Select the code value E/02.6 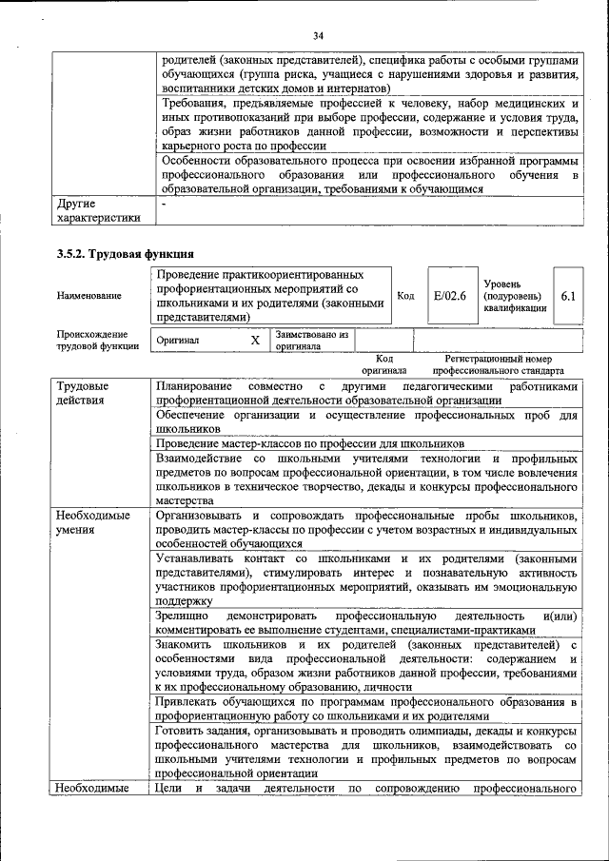pyautogui.click(x=449, y=296)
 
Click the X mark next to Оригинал pyautogui.click(x=254, y=340)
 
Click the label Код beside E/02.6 pyautogui.click(x=405, y=296)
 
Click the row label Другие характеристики pyautogui.click(x=98, y=210)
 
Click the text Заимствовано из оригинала pyautogui.click(x=312, y=341)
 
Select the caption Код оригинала pyautogui.click(x=383, y=364)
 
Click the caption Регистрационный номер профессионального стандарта pyautogui.click(x=498, y=364)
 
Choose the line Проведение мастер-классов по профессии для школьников pyautogui.click(x=310, y=443)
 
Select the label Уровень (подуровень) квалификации pyautogui.click(x=514, y=296)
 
